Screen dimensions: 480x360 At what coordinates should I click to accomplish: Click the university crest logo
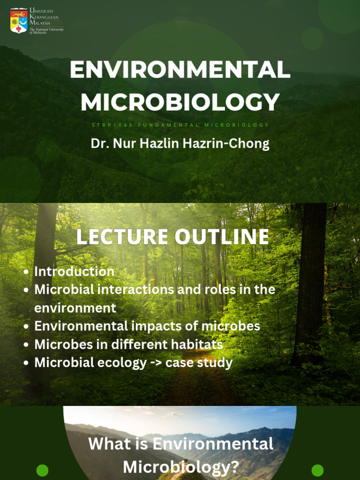(19, 21)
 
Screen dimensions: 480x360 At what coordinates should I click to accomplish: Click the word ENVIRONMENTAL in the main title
(180, 70)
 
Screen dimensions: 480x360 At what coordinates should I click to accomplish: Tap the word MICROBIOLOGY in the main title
(180, 102)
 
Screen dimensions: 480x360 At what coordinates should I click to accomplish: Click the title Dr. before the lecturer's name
(99, 143)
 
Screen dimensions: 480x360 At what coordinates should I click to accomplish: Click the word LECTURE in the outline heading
(122, 236)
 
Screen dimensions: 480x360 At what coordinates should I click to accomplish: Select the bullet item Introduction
(74, 271)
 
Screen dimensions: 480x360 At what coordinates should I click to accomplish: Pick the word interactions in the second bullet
(136, 290)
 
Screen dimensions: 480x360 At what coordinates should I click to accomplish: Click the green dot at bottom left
(42, 470)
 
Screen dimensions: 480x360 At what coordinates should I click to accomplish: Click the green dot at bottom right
(317, 470)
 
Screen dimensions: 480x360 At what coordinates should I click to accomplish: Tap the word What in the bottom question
(106, 444)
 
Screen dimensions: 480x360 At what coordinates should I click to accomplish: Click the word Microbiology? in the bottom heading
(181, 467)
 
